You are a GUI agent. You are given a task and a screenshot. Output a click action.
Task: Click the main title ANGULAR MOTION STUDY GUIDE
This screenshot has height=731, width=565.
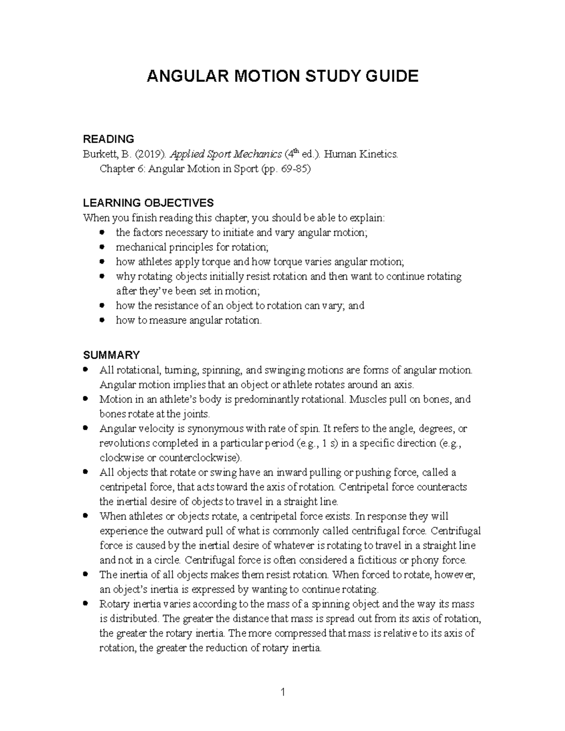tap(282, 76)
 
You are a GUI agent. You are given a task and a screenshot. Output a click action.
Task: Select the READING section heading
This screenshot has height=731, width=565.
tap(108, 139)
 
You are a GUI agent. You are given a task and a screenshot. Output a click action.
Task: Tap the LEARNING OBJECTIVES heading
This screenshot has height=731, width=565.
tap(148, 203)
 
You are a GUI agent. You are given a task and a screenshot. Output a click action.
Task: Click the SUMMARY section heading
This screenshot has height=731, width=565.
tap(111, 354)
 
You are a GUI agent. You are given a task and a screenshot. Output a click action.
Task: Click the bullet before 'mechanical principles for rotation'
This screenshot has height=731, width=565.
tap(102, 247)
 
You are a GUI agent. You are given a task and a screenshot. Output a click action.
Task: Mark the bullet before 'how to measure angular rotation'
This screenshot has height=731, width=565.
tap(102, 320)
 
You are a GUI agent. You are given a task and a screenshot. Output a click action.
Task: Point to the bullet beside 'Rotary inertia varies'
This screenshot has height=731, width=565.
tap(85, 603)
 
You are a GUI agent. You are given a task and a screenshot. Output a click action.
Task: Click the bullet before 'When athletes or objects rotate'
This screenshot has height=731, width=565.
tap(85, 515)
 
